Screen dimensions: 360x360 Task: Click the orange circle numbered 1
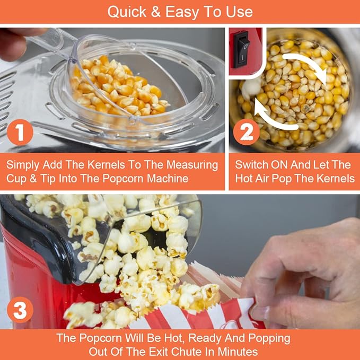pos(20,132)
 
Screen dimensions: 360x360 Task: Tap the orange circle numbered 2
pos(247,132)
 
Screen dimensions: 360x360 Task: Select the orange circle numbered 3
pos(20,310)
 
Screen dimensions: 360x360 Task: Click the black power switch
pos(242,50)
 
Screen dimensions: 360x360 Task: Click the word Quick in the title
pos(127,12)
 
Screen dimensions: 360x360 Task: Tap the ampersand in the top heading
pos(156,12)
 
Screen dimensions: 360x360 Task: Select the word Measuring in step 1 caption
pos(192,165)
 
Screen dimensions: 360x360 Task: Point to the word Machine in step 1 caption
pos(168,178)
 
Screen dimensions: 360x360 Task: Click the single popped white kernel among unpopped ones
pos(251,88)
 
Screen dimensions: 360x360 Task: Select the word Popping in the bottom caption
pos(269,338)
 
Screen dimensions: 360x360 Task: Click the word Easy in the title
pos(182,12)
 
